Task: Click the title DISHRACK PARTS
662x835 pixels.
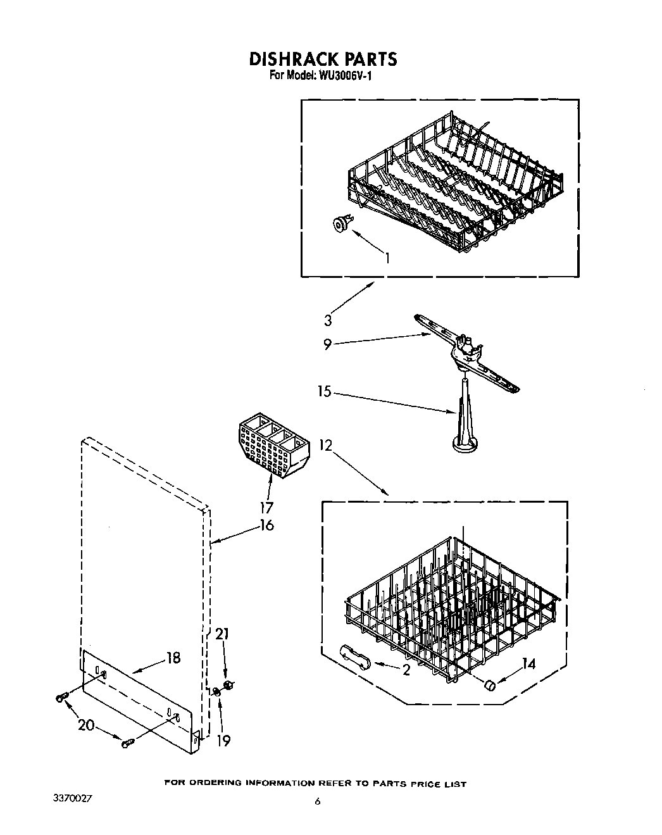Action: pyautogui.click(x=323, y=59)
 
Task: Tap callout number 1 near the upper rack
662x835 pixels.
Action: pyautogui.click(x=387, y=258)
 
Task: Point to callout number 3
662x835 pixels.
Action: pyautogui.click(x=328, y=320)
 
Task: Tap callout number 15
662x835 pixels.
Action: pyautogui.click(x=324, y=392)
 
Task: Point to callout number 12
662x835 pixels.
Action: pyautogui.click(x=325, y=445)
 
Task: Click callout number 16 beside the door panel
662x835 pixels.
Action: pyautogui.click(x=267, y=525)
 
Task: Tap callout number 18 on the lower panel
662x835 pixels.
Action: pyautogui.click(x=172, y=658)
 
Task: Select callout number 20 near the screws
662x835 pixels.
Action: pyautogui.click(x=85, y=726)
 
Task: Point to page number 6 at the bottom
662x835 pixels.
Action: pyautogui.click(x=318, y=802)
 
